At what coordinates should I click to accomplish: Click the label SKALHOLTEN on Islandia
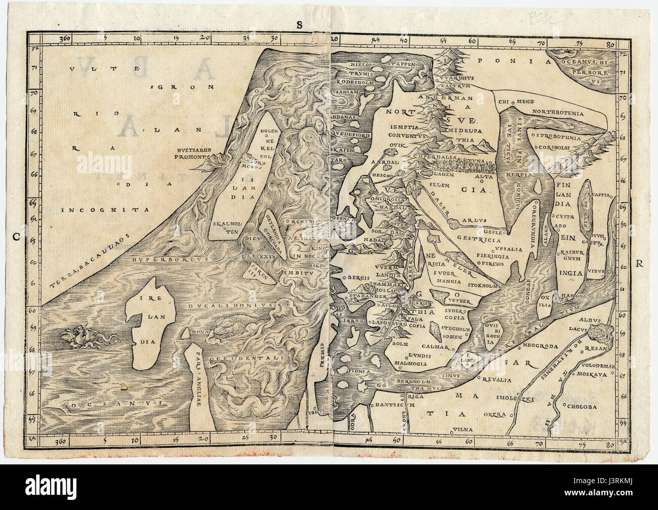pos(226,227)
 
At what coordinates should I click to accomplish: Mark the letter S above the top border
pos(300,24)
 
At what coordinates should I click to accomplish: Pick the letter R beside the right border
pos(639,263)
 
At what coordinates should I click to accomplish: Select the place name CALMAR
pos(434,347)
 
